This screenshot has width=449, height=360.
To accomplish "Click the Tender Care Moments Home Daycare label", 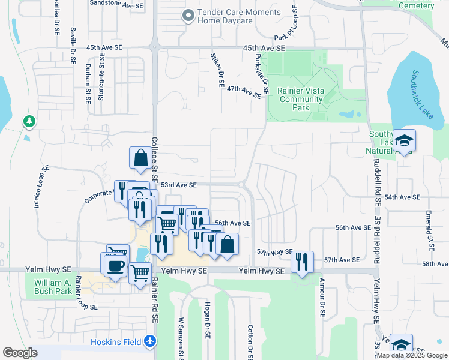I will [x=231, y=16].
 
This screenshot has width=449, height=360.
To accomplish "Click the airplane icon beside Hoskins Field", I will [x=149, y=342].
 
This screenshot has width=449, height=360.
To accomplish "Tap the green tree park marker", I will [x=29, y=122].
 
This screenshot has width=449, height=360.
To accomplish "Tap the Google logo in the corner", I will [x=20, y=353].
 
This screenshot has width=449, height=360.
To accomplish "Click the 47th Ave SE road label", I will [x=244, y=91].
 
